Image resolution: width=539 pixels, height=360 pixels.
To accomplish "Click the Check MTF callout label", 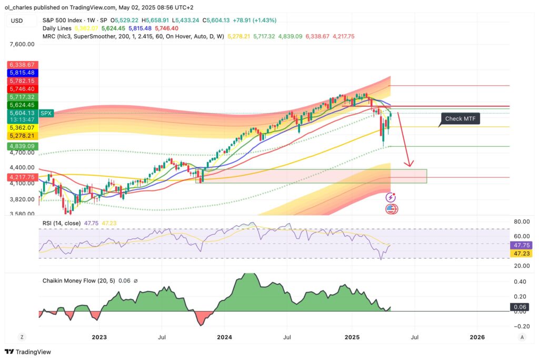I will point(461,119).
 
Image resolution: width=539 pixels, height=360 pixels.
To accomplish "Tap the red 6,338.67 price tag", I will point(21,65).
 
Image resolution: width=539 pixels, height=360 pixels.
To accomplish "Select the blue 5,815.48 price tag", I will point(21,73).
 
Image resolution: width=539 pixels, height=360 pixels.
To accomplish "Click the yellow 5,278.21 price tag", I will point(21,135).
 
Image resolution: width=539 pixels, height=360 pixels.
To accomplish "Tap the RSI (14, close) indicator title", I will point(62,223).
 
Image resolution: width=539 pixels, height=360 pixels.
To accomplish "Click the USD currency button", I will point(17,21).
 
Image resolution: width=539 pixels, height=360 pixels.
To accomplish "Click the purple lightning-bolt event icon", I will point(391,197).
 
